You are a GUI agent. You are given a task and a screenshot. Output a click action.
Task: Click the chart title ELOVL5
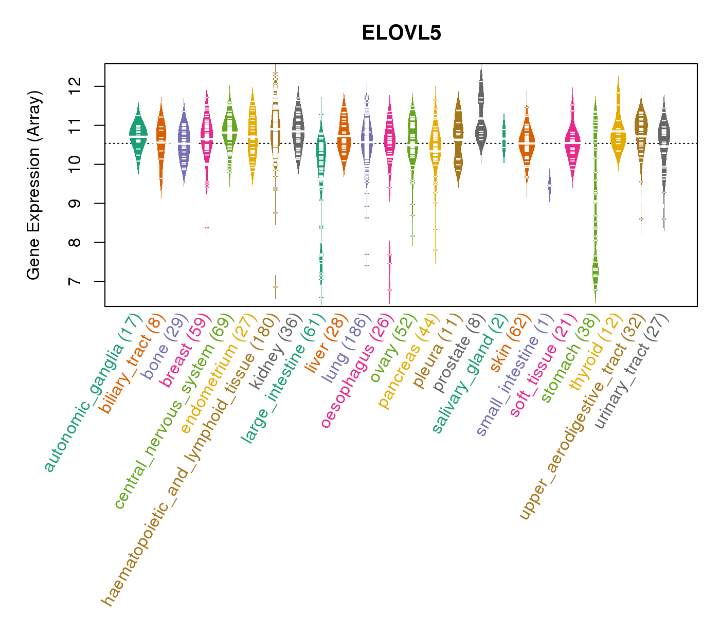(x=401, y=33)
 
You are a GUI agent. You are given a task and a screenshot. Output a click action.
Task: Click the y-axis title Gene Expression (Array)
(x=34, y=185)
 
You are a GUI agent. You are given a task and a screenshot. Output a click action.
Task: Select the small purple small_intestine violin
(x=549, y=185)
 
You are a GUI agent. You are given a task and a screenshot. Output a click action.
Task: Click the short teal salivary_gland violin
(x=504, y=136)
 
